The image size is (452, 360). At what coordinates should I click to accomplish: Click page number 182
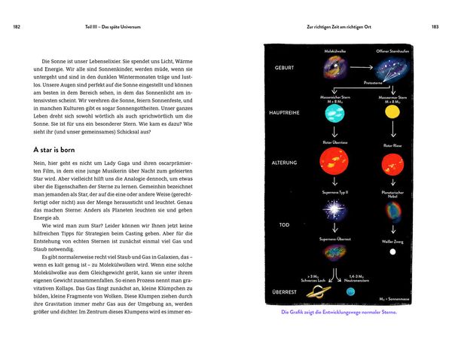[x=17, y=28]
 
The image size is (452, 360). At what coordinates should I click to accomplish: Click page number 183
[x=435, y=28]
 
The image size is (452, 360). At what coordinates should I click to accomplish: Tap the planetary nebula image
[x=392, y=213]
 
